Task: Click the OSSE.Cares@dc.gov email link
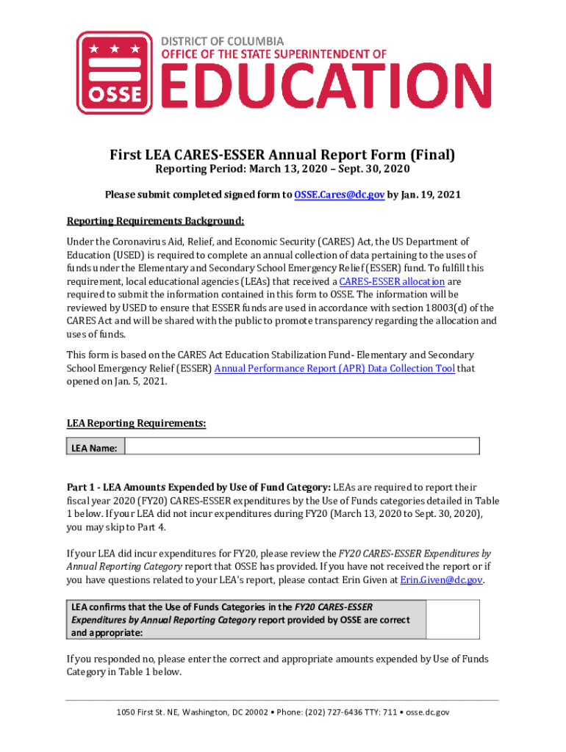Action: (x=339, y=195)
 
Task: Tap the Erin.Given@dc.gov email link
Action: (x=441, y=580)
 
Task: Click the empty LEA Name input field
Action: (x=301, y=446)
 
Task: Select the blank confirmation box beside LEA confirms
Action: (x=453, y=619)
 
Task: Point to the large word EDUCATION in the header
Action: (x=316, y=87)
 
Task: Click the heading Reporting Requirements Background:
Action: (x=155, y=221)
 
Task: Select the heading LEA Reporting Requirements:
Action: (x=136, y=424)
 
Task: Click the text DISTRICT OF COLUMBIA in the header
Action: (x=223, y=41)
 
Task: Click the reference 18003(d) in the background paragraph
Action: (x=435, y=308)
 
